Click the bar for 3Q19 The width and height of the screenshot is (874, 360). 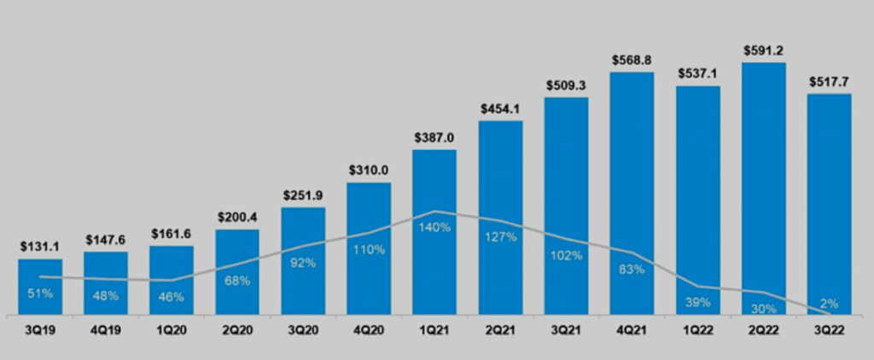pyautogui.click(x=40, y=287)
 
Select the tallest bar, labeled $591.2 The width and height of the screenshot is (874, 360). pyautogui.click(x=764, y=188)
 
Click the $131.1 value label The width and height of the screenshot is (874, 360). pyautogui.click(x=40, y=247)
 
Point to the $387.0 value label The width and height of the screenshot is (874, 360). pyautogui.click(x=434, y=137)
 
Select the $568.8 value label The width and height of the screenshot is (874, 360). pyautogui.click(x=632, y=60)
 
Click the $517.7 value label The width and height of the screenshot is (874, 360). pyautogui.click(x=830, y=82)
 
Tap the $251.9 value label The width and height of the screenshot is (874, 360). pyautogui.click(x=303, y=195)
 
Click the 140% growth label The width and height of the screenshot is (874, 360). pyautogui.click(x=434, y=228)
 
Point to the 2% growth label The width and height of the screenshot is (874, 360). pyautogui.click(x=830, y=303)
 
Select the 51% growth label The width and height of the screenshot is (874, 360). pyautogui.click(x=40, y=293)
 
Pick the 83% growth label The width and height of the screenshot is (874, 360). pyautogui.click(x=632, y=270)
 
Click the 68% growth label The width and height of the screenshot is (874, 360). pyautogui.click(x=237, y=281)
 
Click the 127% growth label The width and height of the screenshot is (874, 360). pyautogui.click(x=501, y=237)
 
